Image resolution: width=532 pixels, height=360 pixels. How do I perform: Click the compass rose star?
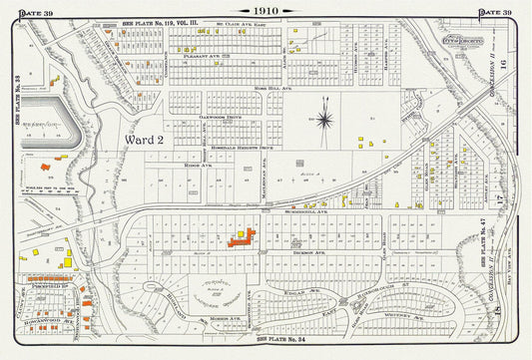point(324,121)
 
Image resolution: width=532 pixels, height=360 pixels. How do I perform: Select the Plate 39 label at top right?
point(495,12)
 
